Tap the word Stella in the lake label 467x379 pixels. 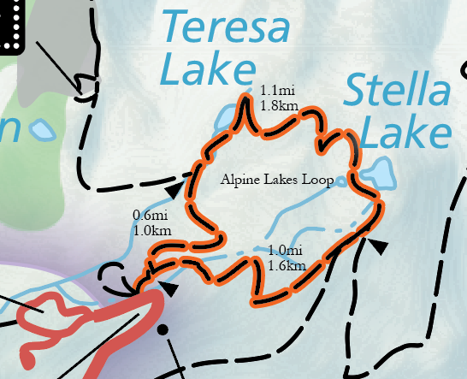pos(399,92)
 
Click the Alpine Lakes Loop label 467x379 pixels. pos(278,181)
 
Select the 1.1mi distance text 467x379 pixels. pos(278,90)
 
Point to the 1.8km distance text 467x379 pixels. pos(280,105)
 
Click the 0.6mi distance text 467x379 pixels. pos(151,216)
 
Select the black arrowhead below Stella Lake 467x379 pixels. pos(377,246)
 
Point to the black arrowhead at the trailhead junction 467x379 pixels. pos(170,289)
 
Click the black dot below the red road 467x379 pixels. pos(163,329)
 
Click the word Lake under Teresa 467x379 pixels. pos(209,70)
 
